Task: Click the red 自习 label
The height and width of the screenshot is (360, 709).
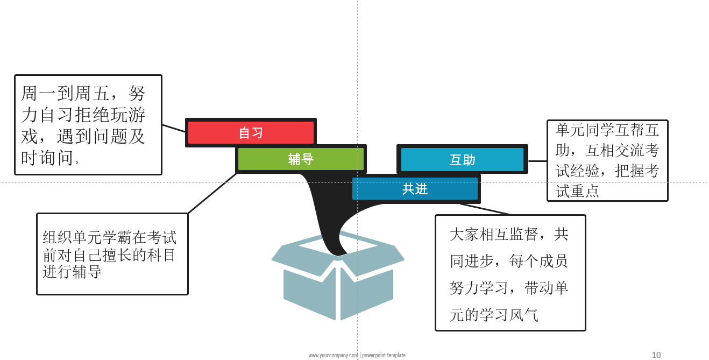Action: tap(251, 132)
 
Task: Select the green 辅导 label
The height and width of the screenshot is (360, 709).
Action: tap(301, 159)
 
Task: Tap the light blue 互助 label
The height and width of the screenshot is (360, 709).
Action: tap(462, 160)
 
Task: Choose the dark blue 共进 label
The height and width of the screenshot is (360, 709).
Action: tap(415, 189)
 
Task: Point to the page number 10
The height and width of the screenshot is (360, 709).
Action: tap(656, 355)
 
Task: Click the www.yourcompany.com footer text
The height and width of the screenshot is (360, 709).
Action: tap(333, 355)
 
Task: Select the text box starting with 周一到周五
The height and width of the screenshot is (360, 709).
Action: tap(88, 125)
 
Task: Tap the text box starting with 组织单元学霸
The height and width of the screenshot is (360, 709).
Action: tap(112, 254)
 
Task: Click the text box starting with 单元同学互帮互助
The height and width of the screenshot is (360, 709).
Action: tap(607, 160)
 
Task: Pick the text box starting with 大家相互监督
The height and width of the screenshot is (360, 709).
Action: tap(510, 273)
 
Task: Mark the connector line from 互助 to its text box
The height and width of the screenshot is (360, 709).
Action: tap(537, 160)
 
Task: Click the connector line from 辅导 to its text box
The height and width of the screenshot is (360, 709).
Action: tap(212, 193)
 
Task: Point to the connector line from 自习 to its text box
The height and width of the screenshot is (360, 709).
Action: tap(174, 128)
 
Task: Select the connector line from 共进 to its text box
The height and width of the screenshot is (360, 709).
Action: tap(485, 209)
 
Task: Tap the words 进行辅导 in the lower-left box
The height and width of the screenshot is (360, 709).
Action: tap(72, 272)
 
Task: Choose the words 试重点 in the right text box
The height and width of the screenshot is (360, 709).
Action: tap(577, 191)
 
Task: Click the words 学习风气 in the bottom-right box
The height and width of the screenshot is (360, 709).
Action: tap(508, 315)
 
